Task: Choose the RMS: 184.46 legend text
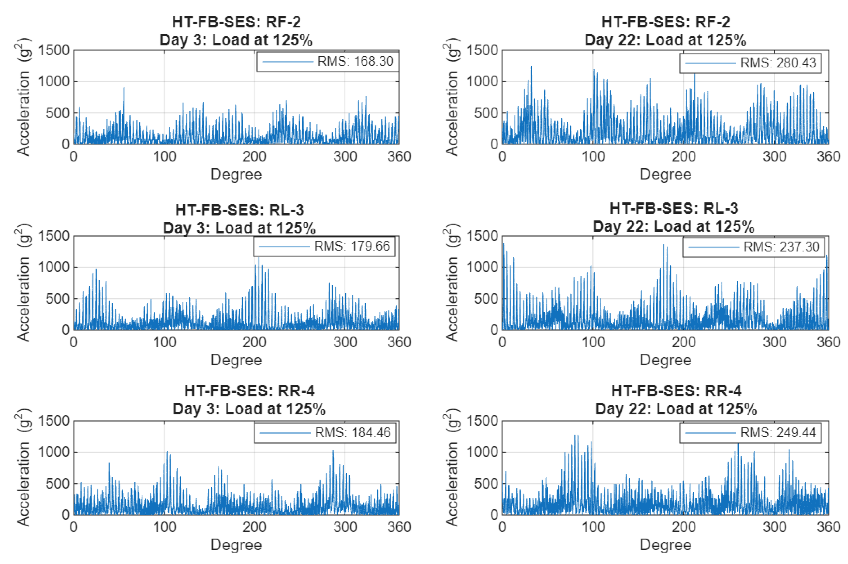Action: (x=352, y=432)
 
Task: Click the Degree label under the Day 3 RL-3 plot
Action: (x=236, y=360)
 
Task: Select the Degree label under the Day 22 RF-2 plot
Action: (x=665, y=174)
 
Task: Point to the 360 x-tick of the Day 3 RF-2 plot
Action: (x=399, y=157)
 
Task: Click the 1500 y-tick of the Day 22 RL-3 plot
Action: (x=482, y=236)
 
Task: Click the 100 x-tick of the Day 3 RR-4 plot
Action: (x=164, y=527)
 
